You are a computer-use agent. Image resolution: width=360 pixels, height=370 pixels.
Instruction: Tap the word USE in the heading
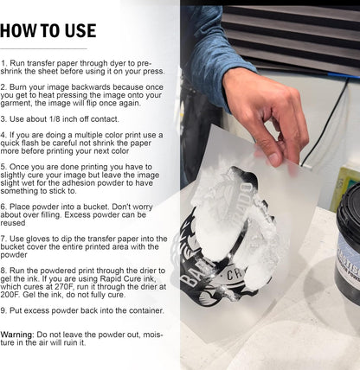(x=80, y=31)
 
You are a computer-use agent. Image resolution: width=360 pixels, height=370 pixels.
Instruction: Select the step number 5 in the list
(x=3, y=167)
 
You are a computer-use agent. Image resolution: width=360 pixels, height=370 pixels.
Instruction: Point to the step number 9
(x=3, y=310)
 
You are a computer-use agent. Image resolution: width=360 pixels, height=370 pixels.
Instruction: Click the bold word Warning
(x=17, y=335)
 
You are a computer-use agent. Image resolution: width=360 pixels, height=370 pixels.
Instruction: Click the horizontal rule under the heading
(x=43, y=48)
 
